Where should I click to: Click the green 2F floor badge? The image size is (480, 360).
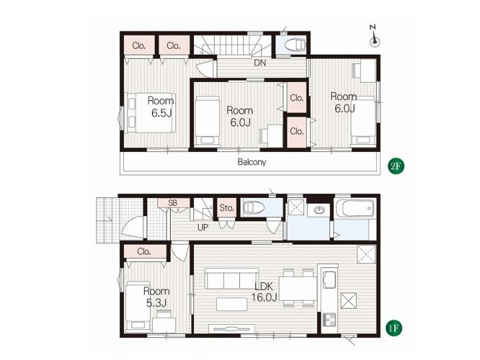pos(395,165)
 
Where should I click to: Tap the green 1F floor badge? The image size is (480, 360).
pos(393,328)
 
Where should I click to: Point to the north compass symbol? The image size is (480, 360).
pos(375,37)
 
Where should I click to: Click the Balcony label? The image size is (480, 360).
pos(251,162)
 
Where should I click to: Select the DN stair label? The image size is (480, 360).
pos(260,63)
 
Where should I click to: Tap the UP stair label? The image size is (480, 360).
pos(203,227)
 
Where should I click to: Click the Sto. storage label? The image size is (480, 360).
pos(227,208)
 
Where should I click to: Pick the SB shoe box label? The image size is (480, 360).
pos(173,203)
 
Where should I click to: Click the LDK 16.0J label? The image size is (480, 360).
pos(264,291)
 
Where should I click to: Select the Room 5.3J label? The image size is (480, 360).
pos(156,297)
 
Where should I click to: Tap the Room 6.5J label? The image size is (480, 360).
pos(161,106)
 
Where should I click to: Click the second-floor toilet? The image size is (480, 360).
pos(295,45)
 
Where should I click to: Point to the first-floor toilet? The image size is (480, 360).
pos(253,208)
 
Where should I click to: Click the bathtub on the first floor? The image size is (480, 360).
pos(355,208)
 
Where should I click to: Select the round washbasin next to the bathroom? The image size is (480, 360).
pos(319,210)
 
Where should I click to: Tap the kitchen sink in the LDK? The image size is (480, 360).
pos(329,279)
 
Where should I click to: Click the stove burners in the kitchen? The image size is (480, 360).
pos(329,319)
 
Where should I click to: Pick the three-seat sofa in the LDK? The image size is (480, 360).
pos(232,279)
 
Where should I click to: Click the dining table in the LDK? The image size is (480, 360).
pos(298,288)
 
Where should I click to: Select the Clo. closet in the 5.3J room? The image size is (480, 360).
pos(145,252)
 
